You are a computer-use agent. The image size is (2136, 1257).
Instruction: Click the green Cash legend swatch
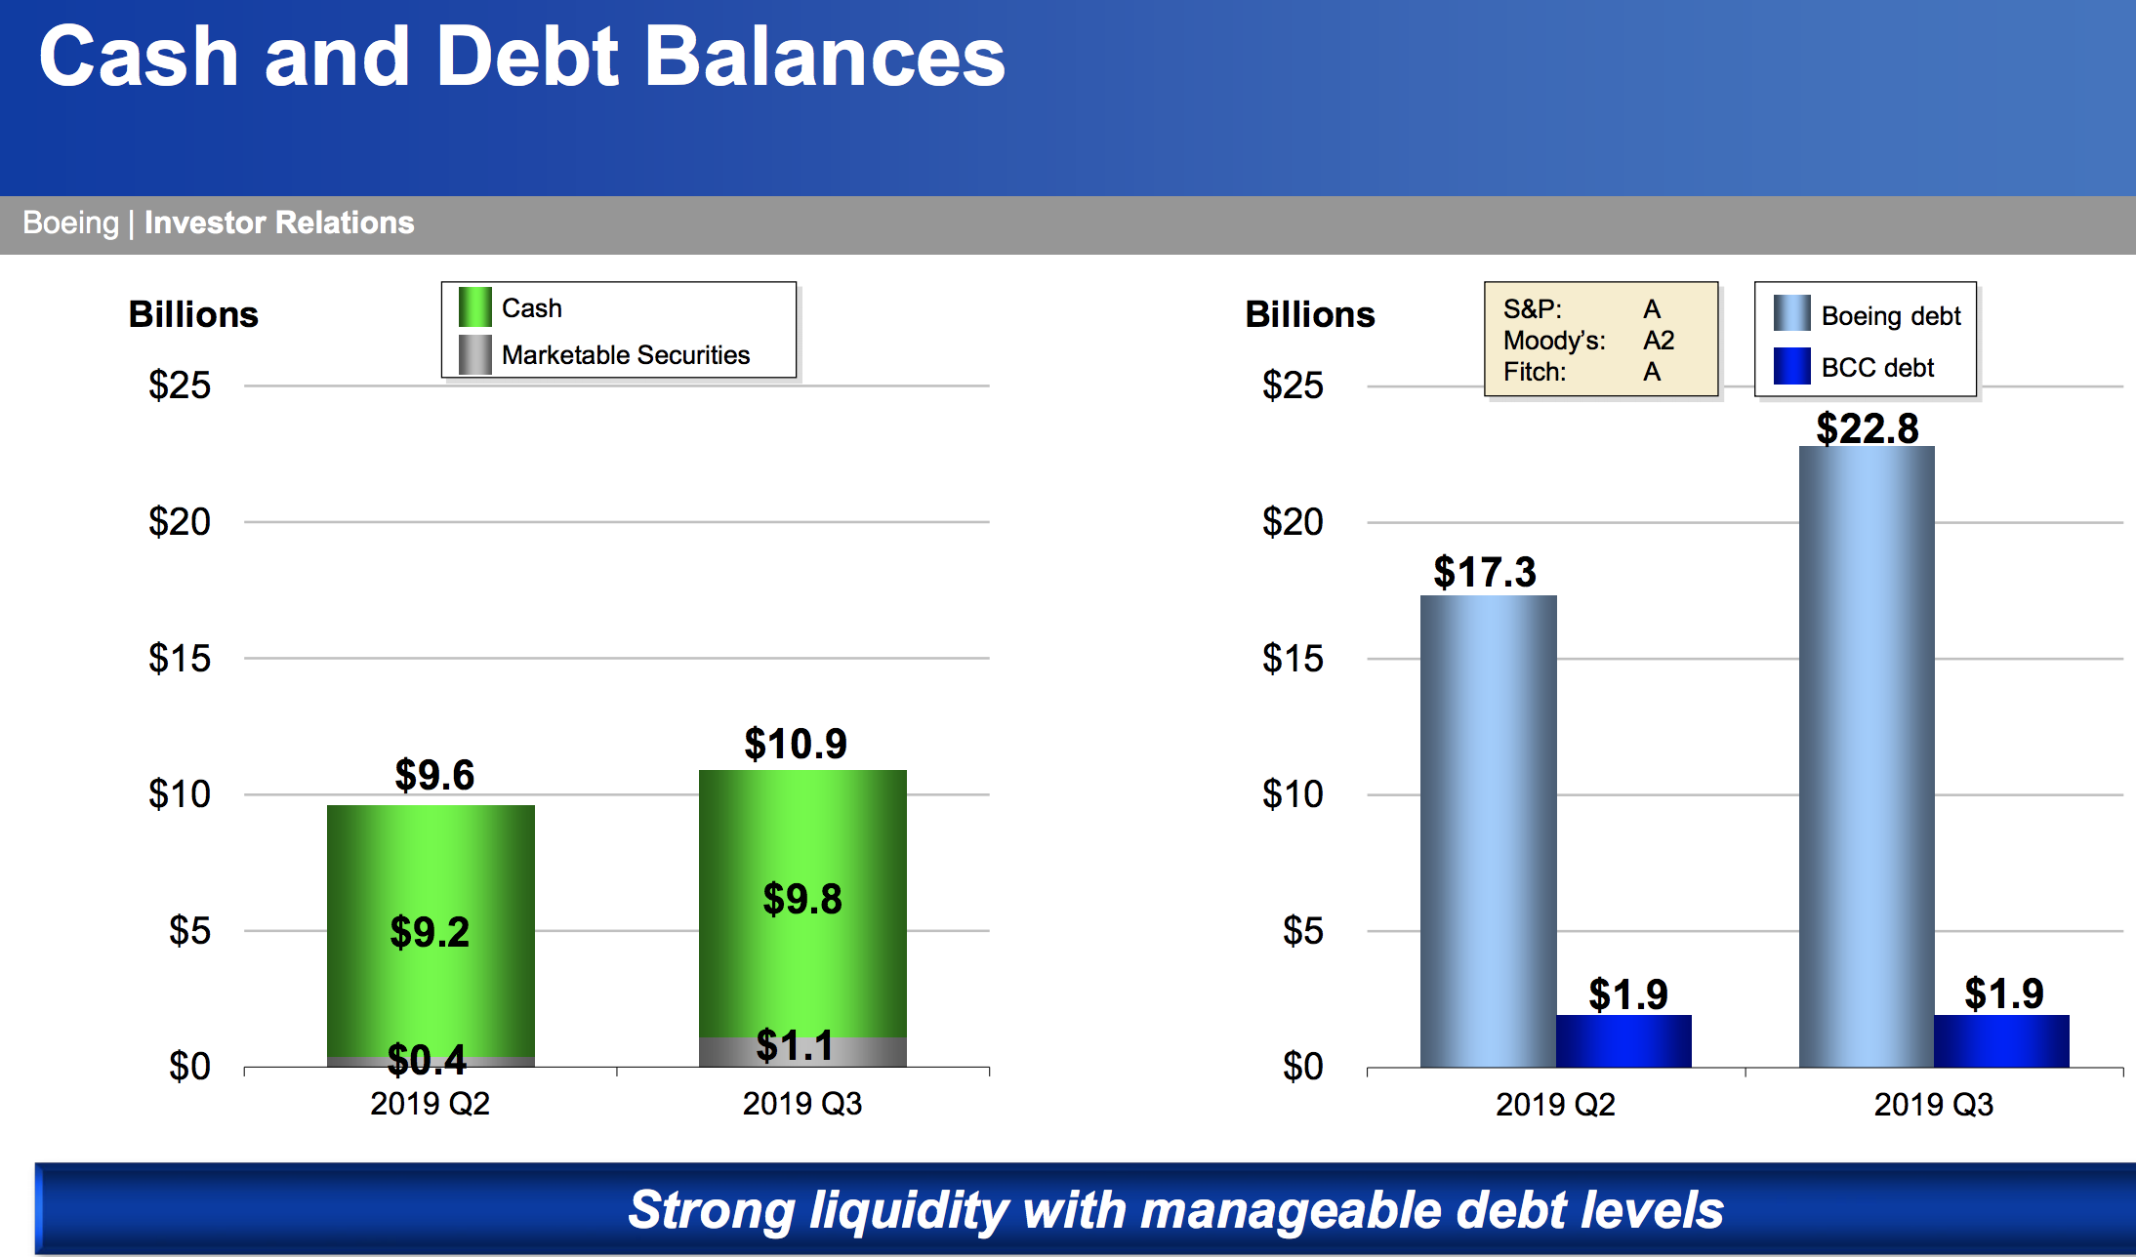[x=474, y=307]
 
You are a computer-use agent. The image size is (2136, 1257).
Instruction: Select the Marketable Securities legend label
[x=626, y=355]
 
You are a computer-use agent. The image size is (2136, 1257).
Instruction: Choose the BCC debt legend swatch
[x=1792, y=366]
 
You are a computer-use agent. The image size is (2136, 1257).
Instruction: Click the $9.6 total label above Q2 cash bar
[x=434, y=775]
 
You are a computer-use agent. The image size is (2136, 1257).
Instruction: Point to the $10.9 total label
[x=796, y=744]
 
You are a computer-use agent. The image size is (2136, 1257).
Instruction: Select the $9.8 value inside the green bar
[x=802, y=899]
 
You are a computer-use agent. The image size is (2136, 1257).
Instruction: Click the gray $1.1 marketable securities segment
[x=802, y=1052]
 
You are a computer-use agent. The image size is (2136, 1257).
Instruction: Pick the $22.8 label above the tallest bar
[x=1868, y=428]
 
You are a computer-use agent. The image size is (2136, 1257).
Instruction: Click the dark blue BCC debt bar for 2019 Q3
[x=2001, y=1041]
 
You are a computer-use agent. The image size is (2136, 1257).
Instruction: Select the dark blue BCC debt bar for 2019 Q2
[x=1623, y=1041]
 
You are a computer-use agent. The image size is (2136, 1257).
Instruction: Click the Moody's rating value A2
[x=1659, y=341]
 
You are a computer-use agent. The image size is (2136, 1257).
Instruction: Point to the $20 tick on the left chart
[x=180, y=522]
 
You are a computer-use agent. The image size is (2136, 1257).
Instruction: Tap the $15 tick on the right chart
[x=1293, y=659]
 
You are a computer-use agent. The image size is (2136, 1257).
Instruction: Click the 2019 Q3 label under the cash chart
[x=802, y=1104]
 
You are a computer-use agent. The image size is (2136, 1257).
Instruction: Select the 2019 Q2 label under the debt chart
[x=1556, y=1105]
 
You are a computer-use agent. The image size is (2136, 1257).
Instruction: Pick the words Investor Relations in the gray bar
[x=279, y=223]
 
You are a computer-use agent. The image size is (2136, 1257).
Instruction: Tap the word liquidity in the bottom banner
[x=909, y=1211]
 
